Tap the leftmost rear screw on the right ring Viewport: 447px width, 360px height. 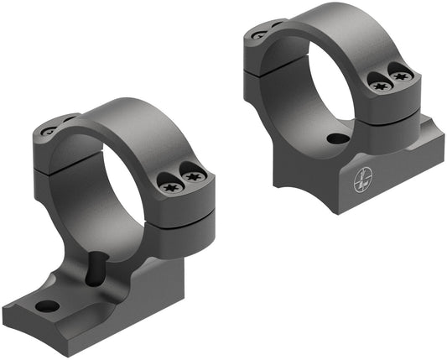click(257, 35)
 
